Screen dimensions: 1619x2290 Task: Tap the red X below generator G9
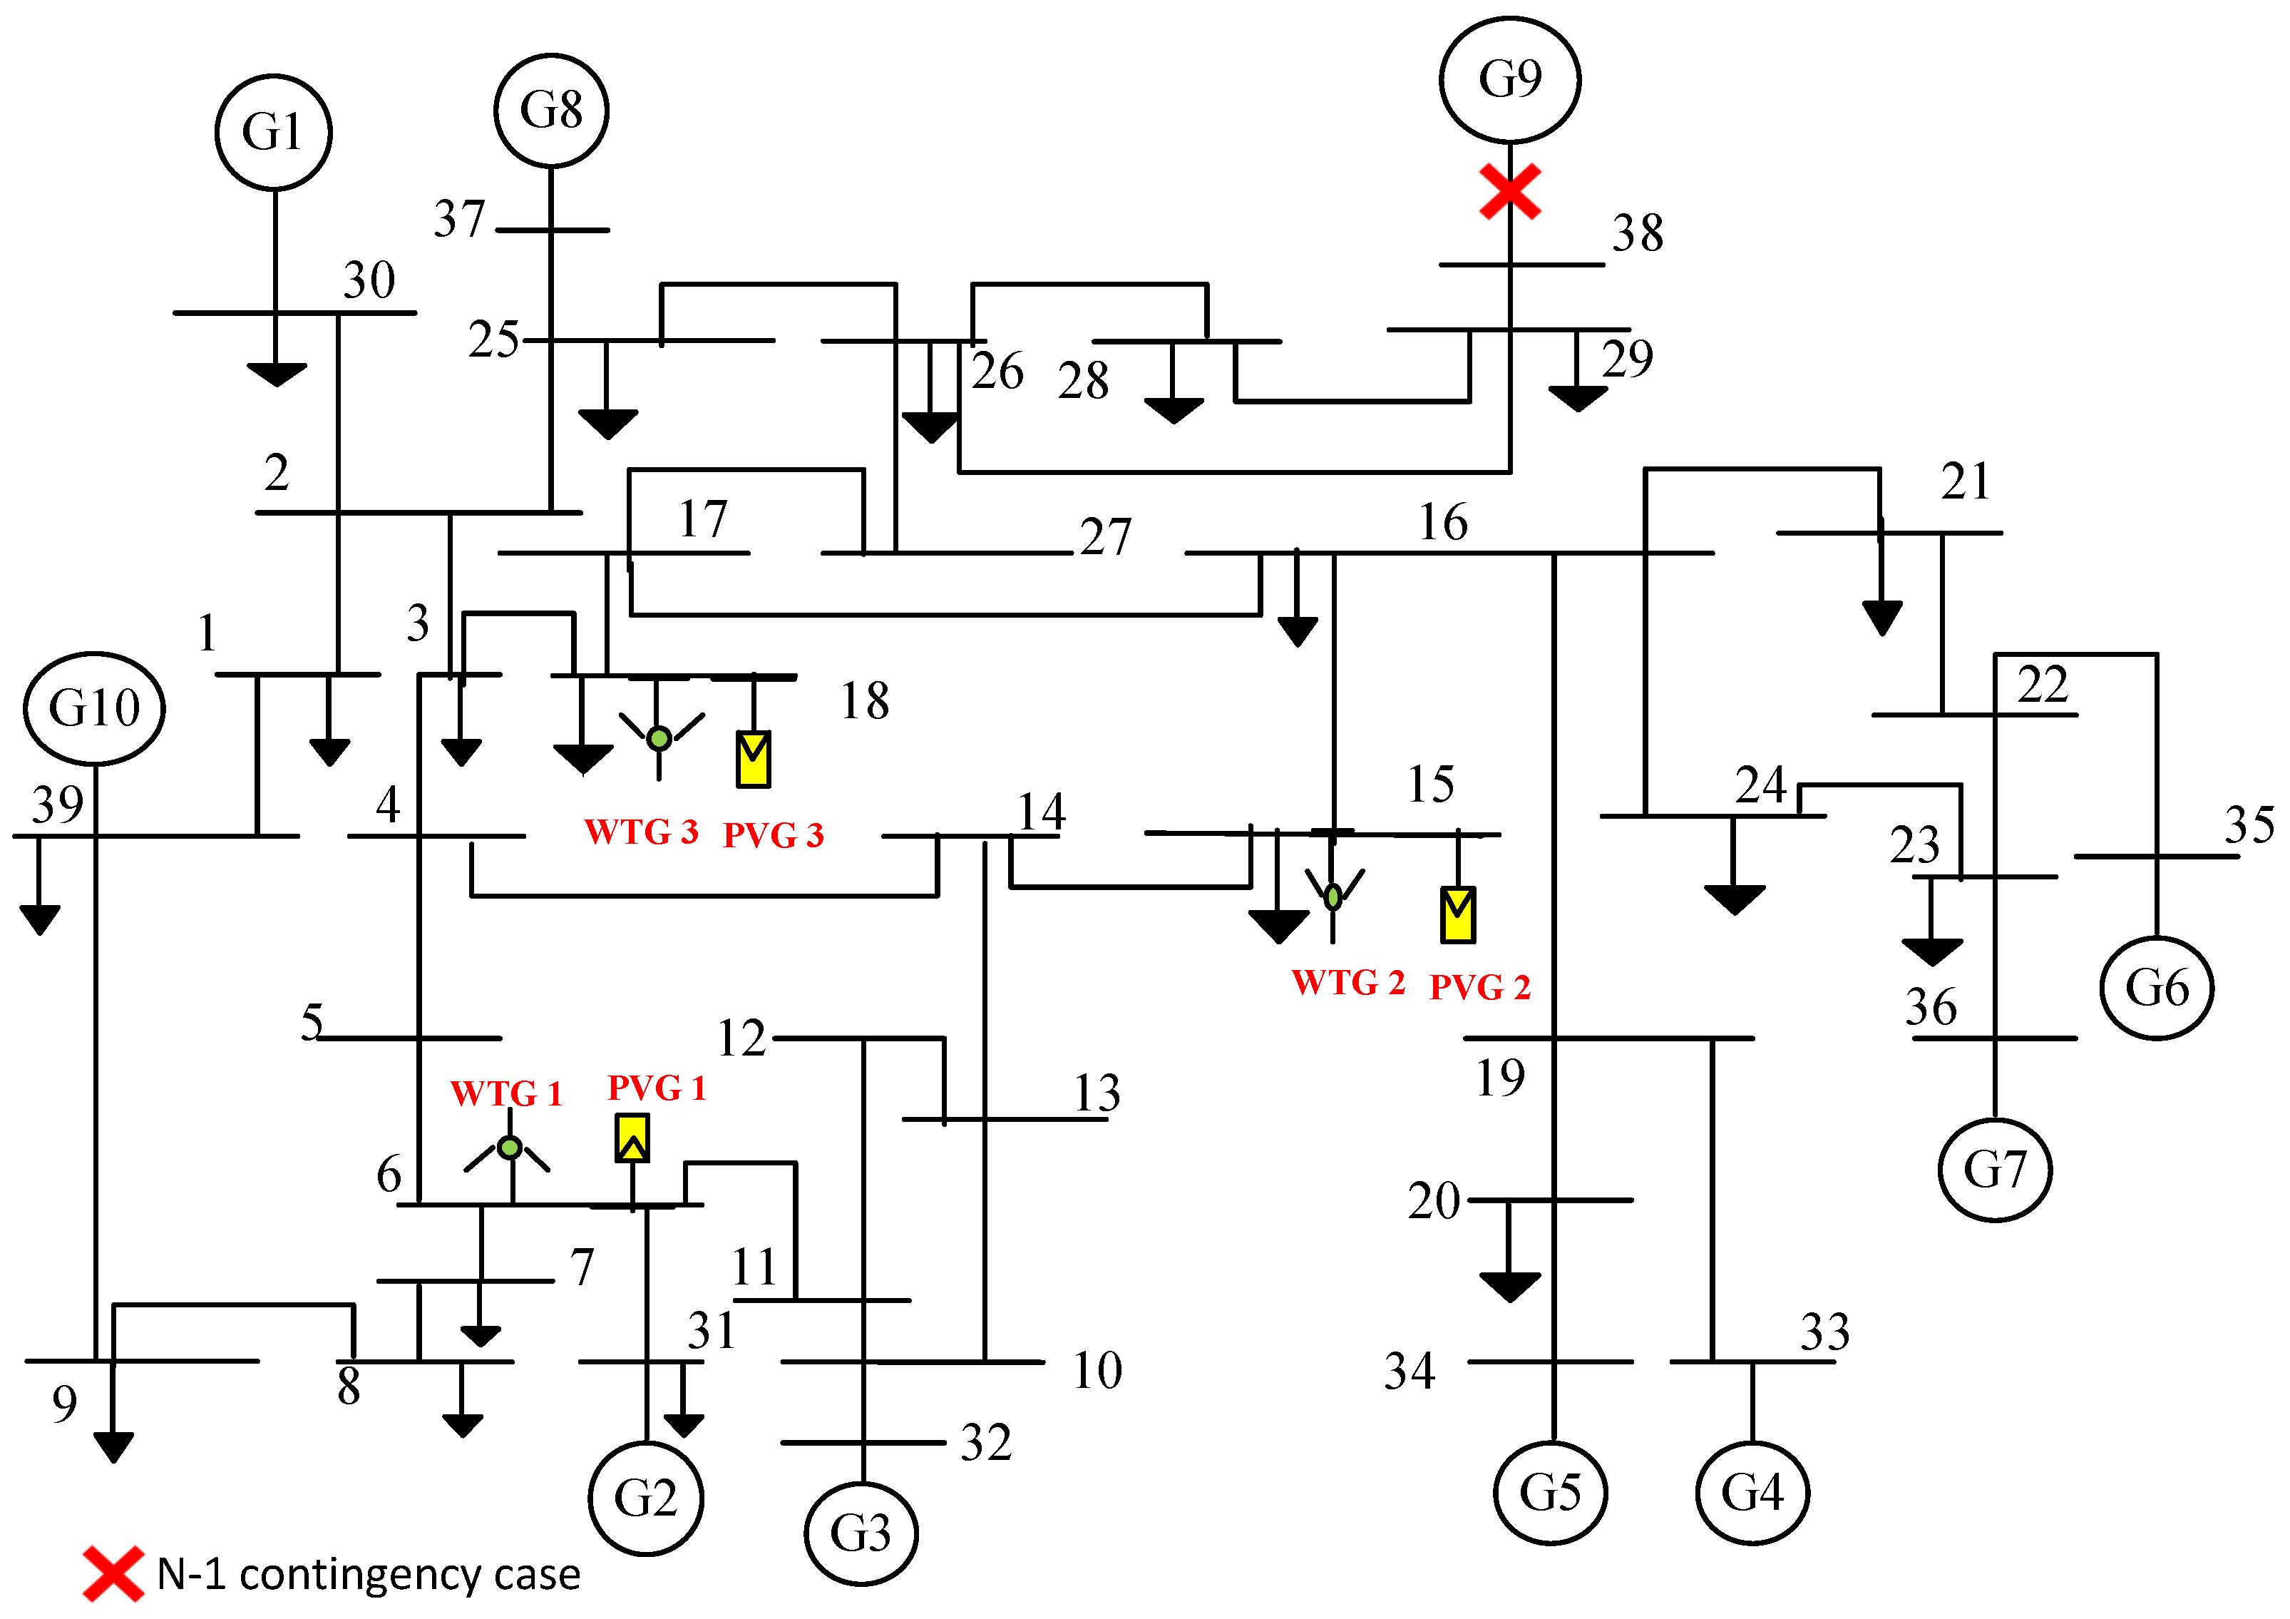[1510, 192]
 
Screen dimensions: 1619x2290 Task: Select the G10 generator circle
[95, 708]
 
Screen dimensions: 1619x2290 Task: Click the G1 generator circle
[273, 132]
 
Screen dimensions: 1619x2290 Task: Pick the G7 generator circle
[1995, 1169]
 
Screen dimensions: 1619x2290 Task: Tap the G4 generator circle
[1752, 1492]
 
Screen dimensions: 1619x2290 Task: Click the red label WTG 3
[640, 832]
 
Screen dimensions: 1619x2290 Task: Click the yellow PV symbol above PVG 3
[753, 760]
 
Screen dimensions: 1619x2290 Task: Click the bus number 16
[1443, 523]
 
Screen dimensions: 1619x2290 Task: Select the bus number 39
[57, 804]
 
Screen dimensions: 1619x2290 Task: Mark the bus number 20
[1433, 1201]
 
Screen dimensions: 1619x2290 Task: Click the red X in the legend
[113, 1574]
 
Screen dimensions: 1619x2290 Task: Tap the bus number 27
[1105, 538]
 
